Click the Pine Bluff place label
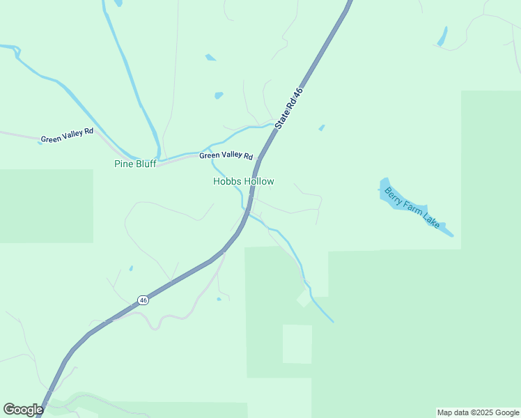pyautogui.click(x=135, y=164)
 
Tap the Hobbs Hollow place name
pyautogui.click(x=244, y=182)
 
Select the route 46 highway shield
pyautogui.click(x=143, y=300)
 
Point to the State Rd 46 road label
pyautogui.click(x=289, y=109)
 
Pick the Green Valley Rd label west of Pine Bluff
pyautogui.click(x=67, y=135)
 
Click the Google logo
pyautogui.click(x=23, y=410)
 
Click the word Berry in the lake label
pyautogui.click(x=395, y=196)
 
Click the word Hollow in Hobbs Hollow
pyautogui.click(x=258, y=182)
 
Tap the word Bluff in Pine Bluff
pyautogui.click(x=145, y=164)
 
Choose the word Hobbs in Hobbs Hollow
pyautogui.click(x=227, y=182)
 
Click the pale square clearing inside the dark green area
pyautogui.click(x=297, y=344)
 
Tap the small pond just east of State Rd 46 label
pyautogui.click(x=321, y=127)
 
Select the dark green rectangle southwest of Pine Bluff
pyautogui.click(x=46, y=206)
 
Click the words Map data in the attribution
pyautogui.click(x=453, y=413)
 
